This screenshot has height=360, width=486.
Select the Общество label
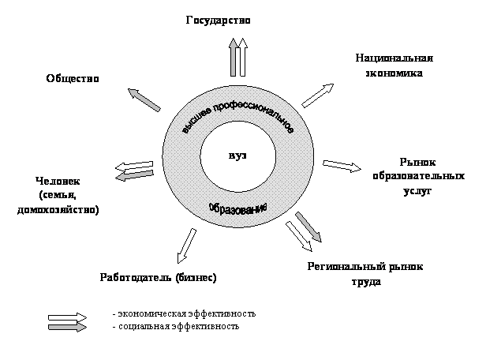tap(72, 78)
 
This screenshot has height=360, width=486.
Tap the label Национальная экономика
tap(394, 66)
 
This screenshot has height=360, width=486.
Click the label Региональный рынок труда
tap(365, 273)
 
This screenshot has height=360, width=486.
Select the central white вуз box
tap(237, 156)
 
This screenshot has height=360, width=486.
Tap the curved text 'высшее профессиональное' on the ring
tap(237, 112)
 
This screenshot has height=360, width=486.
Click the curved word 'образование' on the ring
tap(237, 207)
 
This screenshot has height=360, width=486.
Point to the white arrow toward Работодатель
tap(185, 246)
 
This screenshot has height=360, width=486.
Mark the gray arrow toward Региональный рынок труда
tap(308, 226)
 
